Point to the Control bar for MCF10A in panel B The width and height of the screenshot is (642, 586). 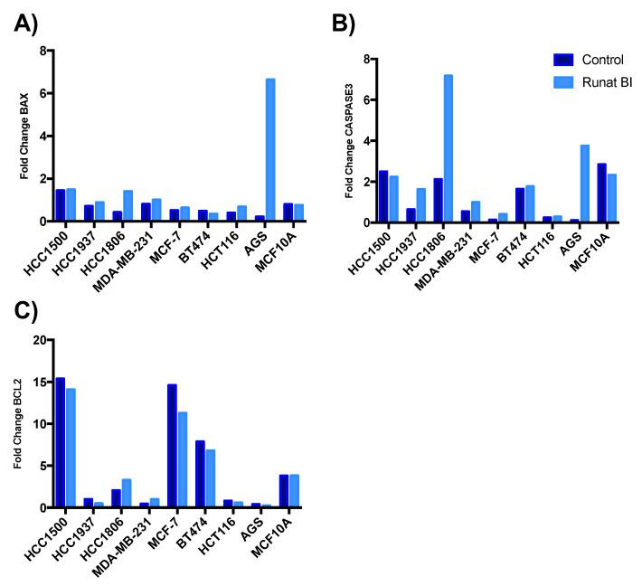click(602, 193)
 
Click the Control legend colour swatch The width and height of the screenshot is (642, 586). click(564, 59)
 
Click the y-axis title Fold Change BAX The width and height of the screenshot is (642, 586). click(23, 136)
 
